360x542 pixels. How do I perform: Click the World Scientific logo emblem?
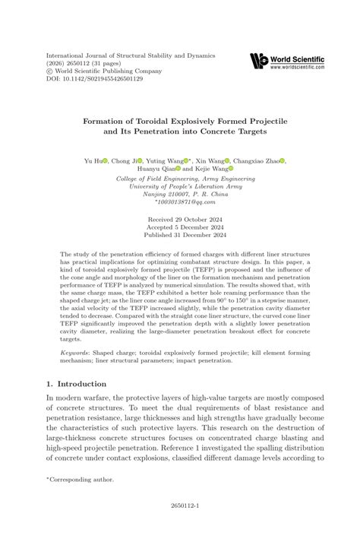point(258,60)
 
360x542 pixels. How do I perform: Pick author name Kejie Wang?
point(203,170)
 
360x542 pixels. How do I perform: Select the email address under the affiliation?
point(180,202)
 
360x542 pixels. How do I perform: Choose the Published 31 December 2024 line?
point(180,236)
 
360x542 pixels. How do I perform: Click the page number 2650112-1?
point(180,524)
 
